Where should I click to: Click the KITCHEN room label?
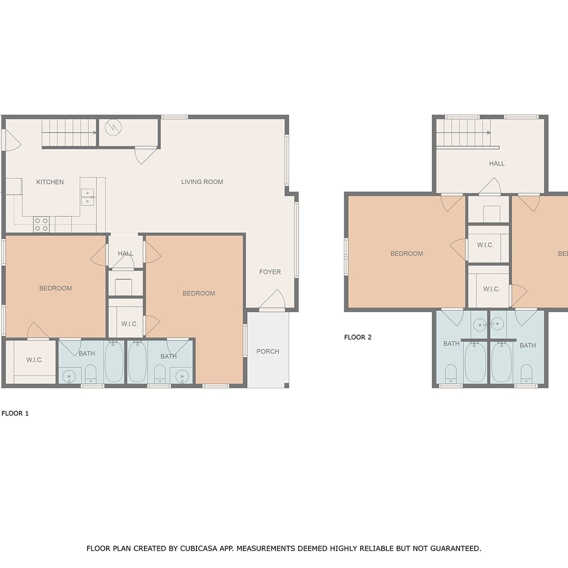click(x=50, y=182)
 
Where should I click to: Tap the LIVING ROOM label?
click(x=202, y=182)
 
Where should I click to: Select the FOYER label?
click(x=270, y=272)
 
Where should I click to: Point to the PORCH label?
click(x=267, y=351)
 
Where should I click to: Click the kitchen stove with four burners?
click(x=41, y=224)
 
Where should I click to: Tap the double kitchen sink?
click(x=88, y=197)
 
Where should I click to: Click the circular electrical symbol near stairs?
click(x=113, y=128)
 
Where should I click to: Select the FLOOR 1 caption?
click(x=15, y=413)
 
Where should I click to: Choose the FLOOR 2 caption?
click(x=358, y=337)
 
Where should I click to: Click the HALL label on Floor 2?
click(x=497, y=163)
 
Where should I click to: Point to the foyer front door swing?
click(x=272, y=300)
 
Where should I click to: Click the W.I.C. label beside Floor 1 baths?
click(x=35, y=360)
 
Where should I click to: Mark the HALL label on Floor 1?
click(x=125, y=253)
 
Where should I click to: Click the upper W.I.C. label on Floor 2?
click(x=485, y=245)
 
